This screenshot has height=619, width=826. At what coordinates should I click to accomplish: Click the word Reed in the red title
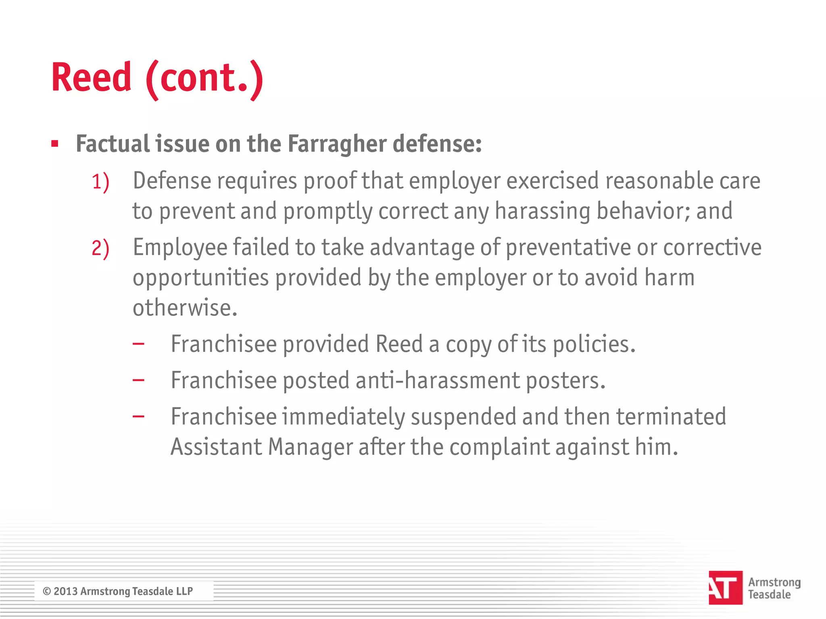pos(92,77)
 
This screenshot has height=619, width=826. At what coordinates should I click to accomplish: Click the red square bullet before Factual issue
pos(55,143)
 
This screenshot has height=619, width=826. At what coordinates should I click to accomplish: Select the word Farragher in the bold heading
pos(337,144)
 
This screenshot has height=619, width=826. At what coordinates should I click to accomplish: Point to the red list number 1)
pos(100,182)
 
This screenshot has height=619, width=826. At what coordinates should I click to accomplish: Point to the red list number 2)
pos(100,248)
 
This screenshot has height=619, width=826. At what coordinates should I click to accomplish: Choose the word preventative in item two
pos(568,247)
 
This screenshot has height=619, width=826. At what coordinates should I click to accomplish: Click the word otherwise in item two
pos(185,308)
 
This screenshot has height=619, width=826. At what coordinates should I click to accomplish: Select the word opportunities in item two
pos(200,278)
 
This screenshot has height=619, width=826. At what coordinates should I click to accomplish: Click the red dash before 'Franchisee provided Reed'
pos(138,344)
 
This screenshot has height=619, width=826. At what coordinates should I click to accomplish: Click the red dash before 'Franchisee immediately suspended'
pos(138,416)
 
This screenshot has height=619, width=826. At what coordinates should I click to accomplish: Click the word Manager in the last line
pos(310,447)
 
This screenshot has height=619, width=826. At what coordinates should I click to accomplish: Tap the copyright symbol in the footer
pos(47,591)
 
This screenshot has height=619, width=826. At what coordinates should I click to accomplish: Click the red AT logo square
pos(725,588)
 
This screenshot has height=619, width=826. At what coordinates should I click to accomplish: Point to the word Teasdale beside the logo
pos(769,594)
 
